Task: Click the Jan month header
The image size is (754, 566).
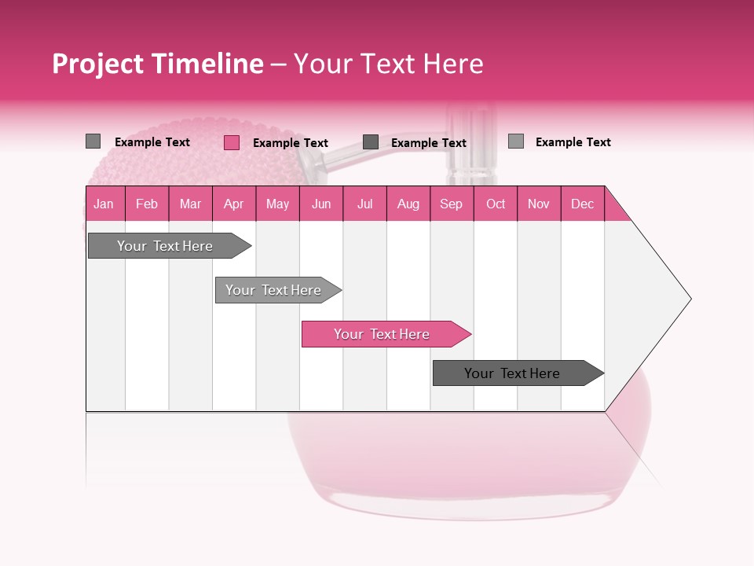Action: tap(104, 204)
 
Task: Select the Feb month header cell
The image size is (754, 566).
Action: tap(147, 204)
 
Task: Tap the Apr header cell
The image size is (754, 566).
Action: tap(234, 204)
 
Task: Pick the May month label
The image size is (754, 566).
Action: tap(277, 204)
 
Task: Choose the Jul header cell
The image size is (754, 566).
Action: tap(365, 204)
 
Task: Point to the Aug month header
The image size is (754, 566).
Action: tap(408, 204)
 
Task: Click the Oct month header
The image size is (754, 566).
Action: tap(496, 204)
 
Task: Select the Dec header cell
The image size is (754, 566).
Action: tap(583, 204)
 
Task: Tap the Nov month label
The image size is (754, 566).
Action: tap(539, 204)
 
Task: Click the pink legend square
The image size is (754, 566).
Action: tap(232, 142)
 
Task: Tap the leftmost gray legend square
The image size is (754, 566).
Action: tap(93, 141)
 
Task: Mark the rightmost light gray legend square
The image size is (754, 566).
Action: tap(516, 141)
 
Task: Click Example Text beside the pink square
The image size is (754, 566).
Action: tap(291, 143)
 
